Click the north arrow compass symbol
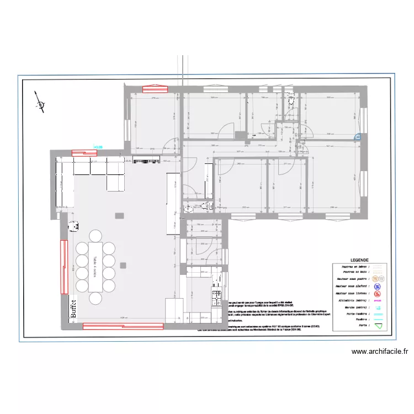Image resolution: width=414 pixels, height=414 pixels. (39, 102)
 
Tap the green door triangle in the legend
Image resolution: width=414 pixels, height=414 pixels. (378, 326)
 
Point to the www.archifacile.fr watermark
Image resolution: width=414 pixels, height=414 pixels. (379, 351)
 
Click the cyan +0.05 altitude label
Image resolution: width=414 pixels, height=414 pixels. (99, 147)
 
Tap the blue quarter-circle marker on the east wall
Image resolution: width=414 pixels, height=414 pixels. (358, 137)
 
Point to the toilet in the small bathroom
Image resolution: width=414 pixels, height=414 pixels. (188, 208)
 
